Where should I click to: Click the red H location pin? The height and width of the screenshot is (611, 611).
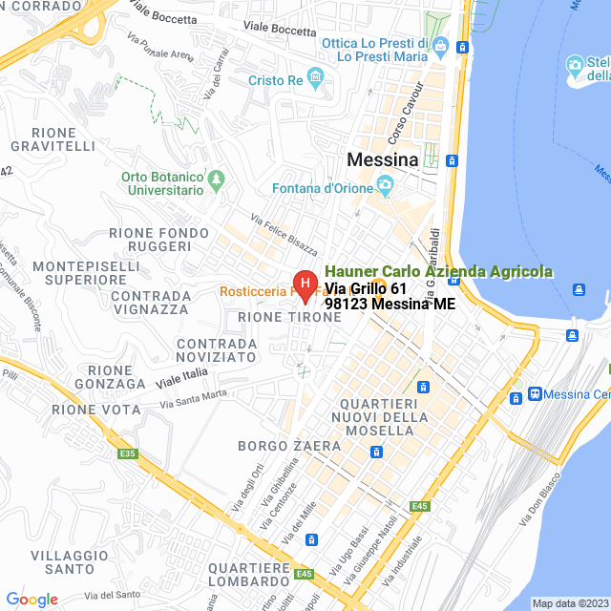pos(304,284)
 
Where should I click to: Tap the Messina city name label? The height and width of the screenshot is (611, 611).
pos(383,159)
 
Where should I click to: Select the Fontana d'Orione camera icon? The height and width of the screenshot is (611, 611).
pos(385,185)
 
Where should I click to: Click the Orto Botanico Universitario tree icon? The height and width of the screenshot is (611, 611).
pos(218,179)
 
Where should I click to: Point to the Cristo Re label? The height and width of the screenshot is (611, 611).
pos(275,81)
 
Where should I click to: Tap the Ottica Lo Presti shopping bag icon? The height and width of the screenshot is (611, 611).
pos(440,45)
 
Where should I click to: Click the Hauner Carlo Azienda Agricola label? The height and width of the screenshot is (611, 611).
pos(438,271)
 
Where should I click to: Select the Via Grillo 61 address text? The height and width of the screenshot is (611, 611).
pos(366,288)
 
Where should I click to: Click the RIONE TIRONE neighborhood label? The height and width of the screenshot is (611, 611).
pos(275,316)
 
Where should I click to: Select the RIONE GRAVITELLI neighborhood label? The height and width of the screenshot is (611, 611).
pos(53,138)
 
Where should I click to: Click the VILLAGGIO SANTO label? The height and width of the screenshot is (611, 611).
pos(62,561)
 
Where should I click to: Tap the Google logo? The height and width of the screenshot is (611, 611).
pos(32,600)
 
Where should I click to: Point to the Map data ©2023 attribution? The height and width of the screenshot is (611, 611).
pos(569,603)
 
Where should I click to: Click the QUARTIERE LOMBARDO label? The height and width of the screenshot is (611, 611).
pos(249,574)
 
